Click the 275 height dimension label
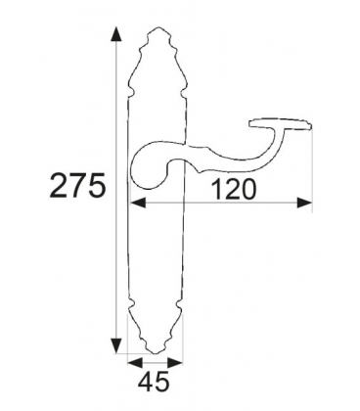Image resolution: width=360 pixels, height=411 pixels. (78, 185)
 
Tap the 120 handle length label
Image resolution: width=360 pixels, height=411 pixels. (233, 189)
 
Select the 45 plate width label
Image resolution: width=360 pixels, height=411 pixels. (154, 381)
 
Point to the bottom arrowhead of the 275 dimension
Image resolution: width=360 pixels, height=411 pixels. (115, 345)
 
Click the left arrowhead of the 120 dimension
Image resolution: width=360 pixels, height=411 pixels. (138, 203)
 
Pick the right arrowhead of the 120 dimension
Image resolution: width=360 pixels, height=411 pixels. (304, 203)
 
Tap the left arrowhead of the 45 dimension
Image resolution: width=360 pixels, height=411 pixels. (135, 362)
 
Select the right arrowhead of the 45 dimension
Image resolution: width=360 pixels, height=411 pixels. (174, 362)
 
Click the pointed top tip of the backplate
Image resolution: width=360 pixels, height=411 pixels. (157, 27)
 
